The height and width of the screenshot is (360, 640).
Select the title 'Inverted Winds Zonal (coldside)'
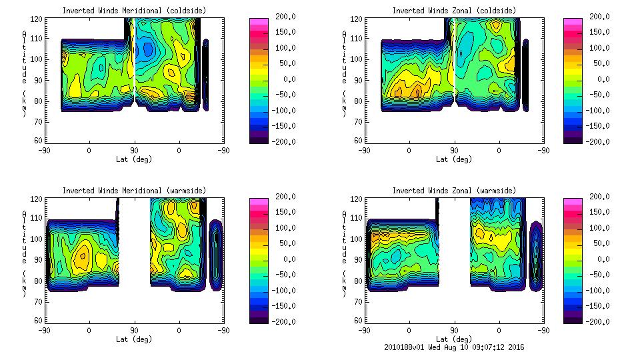453,10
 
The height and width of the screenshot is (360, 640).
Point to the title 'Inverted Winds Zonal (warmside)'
453,190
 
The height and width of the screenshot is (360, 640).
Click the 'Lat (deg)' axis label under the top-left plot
133,159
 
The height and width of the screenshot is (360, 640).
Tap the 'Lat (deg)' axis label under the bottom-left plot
133,339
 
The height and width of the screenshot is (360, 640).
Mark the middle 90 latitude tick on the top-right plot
454,151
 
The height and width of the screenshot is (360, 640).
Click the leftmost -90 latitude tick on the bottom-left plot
44,331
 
